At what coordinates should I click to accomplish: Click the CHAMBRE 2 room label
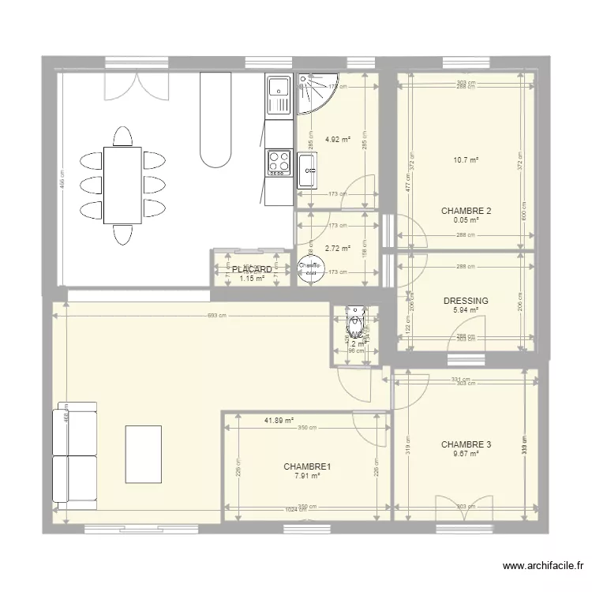[x=466, y=211]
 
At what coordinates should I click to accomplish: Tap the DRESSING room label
[x=466, y=301]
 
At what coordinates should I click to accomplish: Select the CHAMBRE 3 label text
[x=466, y=444]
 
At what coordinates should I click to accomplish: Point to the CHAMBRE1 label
[x=307, y=466]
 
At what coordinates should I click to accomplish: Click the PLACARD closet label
[x=252, y=269]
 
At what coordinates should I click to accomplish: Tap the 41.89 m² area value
[x=279, y=421]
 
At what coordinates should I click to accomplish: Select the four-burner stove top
[x=279, y=162]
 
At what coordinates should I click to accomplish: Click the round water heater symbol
[x=309, y=268]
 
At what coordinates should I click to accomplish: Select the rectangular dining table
[x=122, y=185]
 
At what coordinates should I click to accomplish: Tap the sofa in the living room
[x=75, y=452]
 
